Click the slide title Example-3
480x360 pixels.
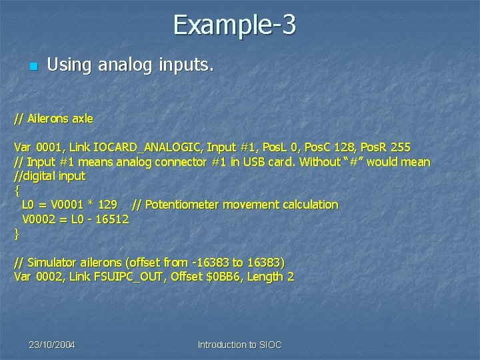(x=235, y=25)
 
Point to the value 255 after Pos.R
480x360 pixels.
(x=401, y=147)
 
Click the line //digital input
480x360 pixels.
(x=50, y=176)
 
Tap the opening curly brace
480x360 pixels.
(x=17, y=191)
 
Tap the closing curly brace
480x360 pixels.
(x=17, y=233)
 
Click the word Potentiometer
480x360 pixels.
(x=184, y=205)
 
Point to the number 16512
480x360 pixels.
(x=111, y=219)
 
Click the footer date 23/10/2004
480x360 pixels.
(x=52, y=345)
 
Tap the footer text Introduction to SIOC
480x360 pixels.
(x=239, y=345)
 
